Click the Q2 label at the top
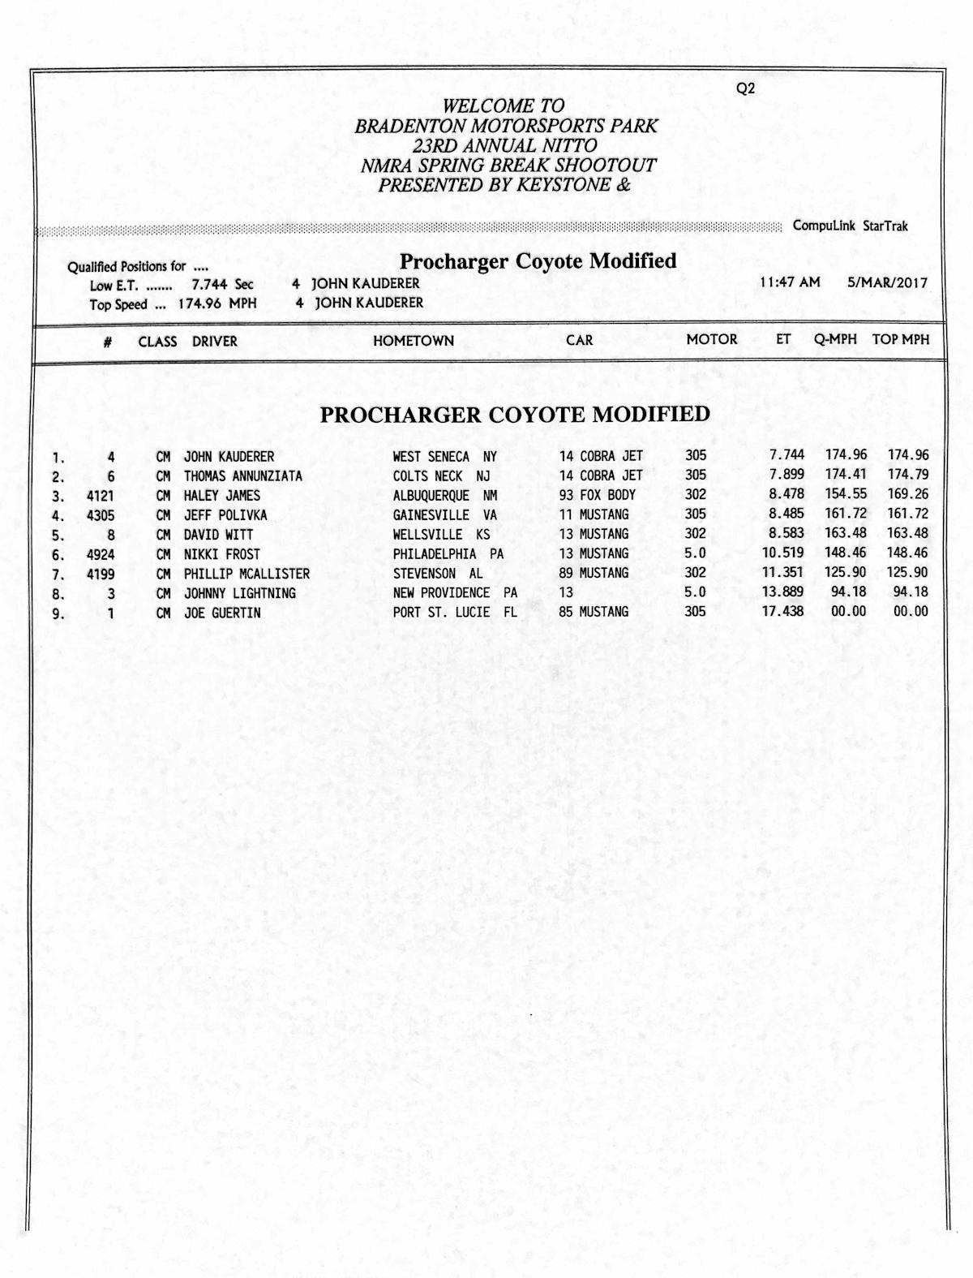(745, 89)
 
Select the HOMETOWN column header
(414, 341)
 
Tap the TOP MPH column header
(901, 339)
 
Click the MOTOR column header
(712, 339)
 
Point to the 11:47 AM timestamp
(790, 282)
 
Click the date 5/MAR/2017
(887, 282)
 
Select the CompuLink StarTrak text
(851, 226)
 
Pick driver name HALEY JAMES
(222, 495)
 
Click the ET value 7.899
(787, 475)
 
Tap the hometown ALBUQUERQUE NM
(445, 495)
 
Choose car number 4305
(101, 515)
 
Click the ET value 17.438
(782, 611)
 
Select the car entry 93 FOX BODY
(598, 495)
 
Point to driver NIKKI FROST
(222, 554)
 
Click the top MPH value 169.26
(908, 494)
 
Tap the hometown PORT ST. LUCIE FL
(455, 612)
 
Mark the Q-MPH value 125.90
(846, 572)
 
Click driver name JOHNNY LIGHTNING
(240, 593)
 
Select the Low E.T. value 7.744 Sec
(222, 285)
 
